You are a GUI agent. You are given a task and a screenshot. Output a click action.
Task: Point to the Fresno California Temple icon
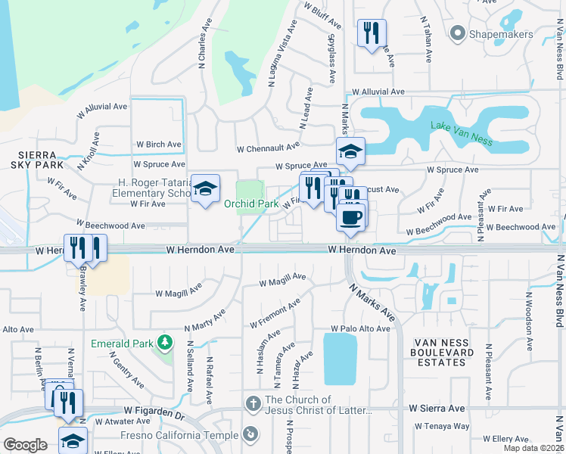[x=251, y=434]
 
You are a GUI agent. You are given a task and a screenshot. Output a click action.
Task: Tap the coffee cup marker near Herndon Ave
[x=350, y=218]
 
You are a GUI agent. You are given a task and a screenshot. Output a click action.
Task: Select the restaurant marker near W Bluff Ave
[x=371, y=33]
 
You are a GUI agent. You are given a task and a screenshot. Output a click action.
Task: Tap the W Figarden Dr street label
[x=154, y=415]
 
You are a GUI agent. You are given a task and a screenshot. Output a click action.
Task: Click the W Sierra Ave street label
[x=437, y=408]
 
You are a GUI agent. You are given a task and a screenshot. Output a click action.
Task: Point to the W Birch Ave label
[x=159, y=145]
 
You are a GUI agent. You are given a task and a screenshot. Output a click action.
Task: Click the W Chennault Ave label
[x=268, y=148]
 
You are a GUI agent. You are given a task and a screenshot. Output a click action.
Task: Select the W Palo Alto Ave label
[x=359, y=329]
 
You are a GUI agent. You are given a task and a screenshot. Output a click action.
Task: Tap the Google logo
[x=26, y=445]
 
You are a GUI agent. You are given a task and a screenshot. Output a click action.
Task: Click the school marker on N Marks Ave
[x=350, y=152]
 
